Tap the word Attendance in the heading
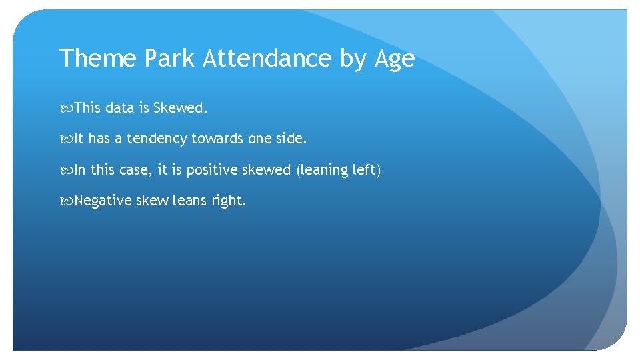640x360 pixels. (267, 59)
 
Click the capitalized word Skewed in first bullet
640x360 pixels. (179, 108)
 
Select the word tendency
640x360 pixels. (157, 139)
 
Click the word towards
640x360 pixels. (217, 139)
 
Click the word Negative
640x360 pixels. (103, 201)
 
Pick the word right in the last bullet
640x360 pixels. (229, 201)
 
